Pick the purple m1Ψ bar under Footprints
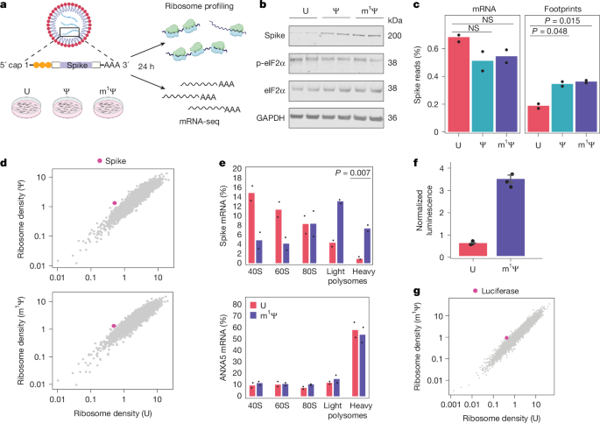point(581,108)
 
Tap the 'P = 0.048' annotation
point(548,39)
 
